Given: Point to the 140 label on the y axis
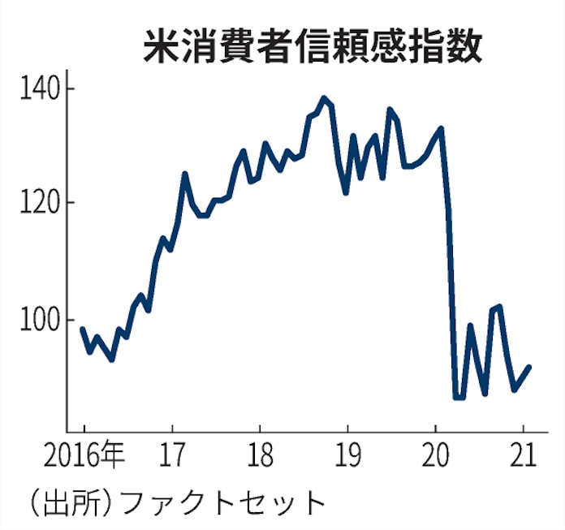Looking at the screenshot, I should (40, 88).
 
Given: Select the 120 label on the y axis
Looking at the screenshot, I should (40, 203).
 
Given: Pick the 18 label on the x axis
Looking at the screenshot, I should (259, 456).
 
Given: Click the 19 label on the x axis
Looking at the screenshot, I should (347, 456).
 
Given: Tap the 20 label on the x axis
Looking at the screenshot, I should (435, 456).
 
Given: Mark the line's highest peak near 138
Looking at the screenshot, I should (324, 98).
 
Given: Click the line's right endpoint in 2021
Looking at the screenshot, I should (529, 367).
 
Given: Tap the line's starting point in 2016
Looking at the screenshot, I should (82, 329).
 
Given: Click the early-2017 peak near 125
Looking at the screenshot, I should (185, 174).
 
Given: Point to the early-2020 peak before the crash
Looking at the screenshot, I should (441, 128).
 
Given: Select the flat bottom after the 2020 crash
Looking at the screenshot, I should (459, 397).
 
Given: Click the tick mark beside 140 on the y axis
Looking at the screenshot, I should (71, 88).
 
